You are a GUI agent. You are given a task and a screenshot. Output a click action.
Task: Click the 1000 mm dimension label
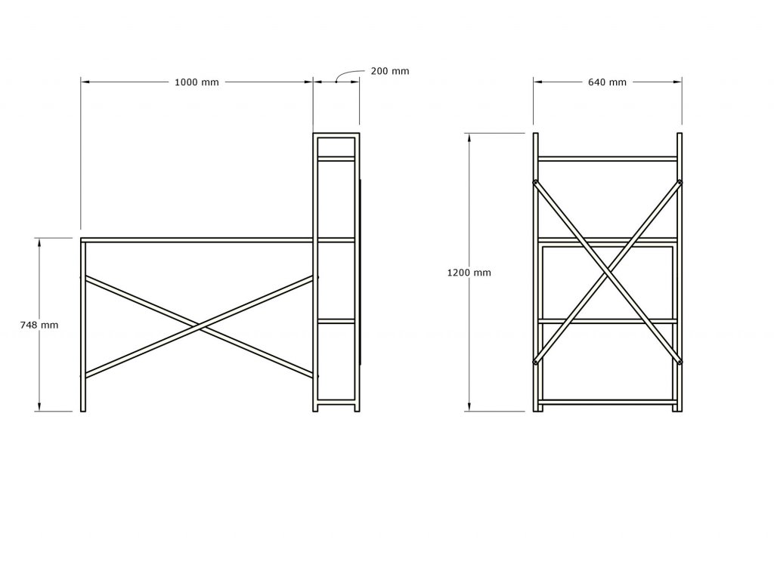pos(197,82)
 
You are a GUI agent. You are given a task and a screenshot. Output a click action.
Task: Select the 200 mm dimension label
pos(390,71)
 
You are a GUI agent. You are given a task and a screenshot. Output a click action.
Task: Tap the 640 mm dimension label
pos(607,82)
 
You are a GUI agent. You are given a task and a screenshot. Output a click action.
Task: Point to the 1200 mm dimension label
pos(469,273)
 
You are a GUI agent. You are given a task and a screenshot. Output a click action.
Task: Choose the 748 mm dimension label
pos(39,325)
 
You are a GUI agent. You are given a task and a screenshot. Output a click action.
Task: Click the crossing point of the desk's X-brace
pos(200,326)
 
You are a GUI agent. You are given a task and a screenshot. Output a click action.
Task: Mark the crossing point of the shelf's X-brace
pos(608,273)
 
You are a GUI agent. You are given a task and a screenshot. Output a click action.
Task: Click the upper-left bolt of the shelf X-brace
pos(536,182)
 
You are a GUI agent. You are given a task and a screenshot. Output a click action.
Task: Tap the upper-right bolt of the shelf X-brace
pos(680,182)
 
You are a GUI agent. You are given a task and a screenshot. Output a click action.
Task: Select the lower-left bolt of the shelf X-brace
pos(536,362)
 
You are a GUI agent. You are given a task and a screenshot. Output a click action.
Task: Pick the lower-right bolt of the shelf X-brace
pos(680,362)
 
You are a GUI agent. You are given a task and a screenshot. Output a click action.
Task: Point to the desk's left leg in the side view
pos(83,325)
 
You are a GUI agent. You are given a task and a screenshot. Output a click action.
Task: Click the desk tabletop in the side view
pos(197,240)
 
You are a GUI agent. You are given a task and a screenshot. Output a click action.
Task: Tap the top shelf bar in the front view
pos(608,159)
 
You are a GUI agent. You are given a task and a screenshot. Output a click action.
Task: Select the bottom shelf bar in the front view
pos(608,402)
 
